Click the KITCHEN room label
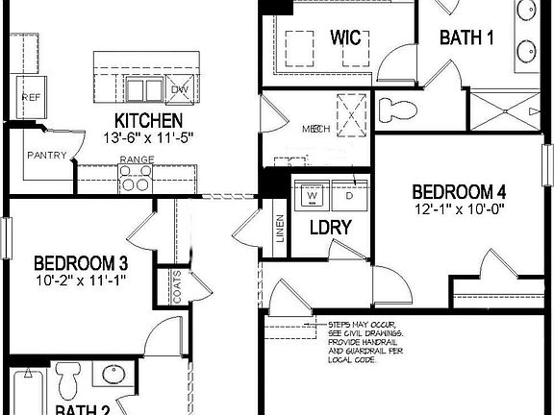(x=148, y=120)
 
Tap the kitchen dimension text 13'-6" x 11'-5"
(x=148, y=136)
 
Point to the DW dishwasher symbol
(x=180, y=89)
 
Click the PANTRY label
(x=46, y=154)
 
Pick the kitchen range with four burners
(x=136, y=179)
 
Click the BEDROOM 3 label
(x=82, y=262)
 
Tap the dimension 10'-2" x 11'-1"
(x=82, y=280)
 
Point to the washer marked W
(x=312, y=196)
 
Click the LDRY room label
(x=329, y=229)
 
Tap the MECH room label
(x=316, y=128)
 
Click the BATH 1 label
(x=467, y=37)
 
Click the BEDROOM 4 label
(x=459, y=189)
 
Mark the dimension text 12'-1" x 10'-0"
(x=459, y=207)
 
